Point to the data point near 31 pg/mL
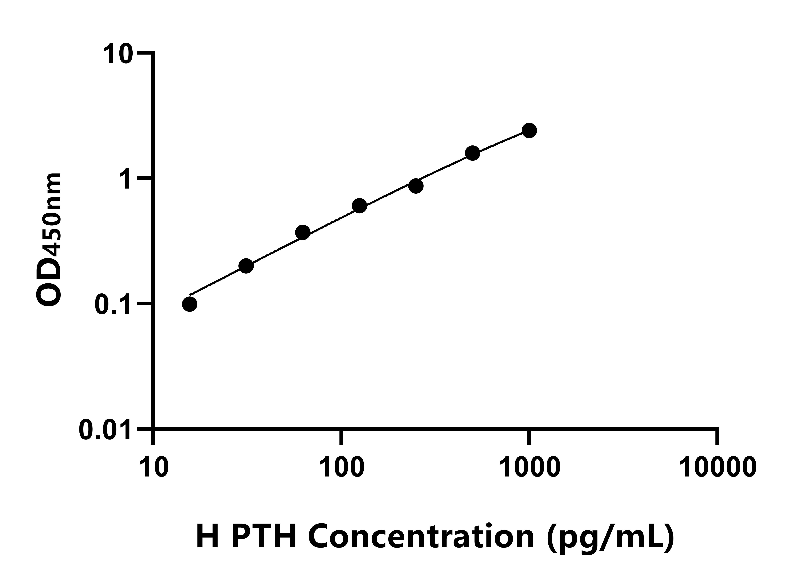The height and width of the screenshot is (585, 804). tap(246, 266)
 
